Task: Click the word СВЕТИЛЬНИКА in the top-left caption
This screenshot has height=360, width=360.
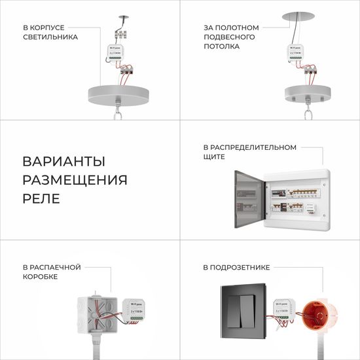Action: tap(50, 37)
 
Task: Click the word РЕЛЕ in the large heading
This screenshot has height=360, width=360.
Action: tap(41, 198)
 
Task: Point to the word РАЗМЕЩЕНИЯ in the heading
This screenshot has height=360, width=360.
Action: tap(75, 180)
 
